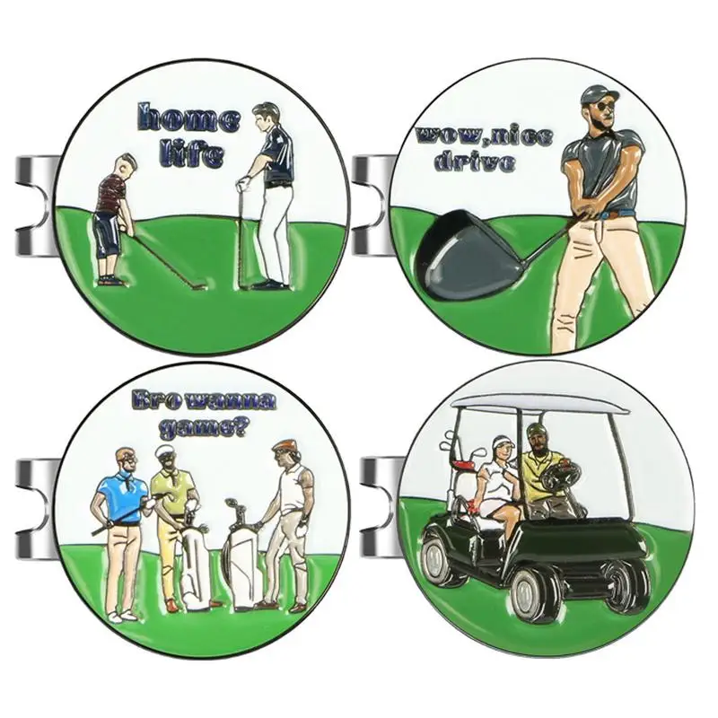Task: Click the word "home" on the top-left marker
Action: [188, 119]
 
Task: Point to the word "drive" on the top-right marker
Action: [475, 162]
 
